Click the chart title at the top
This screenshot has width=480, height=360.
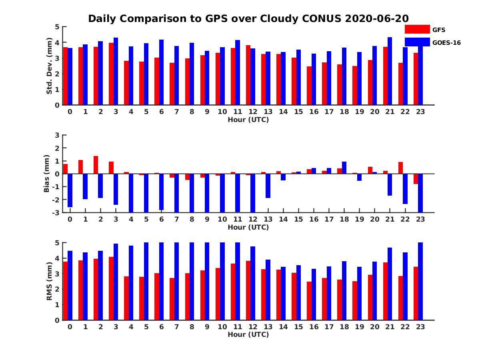[248, 19]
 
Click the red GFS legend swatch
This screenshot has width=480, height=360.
[417, 29]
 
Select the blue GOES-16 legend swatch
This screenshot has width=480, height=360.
[417, 42]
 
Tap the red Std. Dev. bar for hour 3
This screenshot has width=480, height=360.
[111, 74]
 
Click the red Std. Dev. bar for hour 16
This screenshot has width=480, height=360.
[309, 86]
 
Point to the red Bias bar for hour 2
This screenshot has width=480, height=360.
[96, 165]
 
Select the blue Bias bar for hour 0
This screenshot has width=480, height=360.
[70, 190]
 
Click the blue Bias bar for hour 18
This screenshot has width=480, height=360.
[344, 168]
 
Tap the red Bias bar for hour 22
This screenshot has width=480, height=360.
[400, 168]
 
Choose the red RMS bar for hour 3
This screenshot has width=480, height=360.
[111, 288]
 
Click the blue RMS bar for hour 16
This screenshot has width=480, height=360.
[314, 294]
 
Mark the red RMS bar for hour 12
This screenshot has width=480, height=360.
[248, 290]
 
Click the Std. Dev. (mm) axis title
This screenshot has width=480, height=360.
[49, 66]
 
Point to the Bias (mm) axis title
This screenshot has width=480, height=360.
[47, 174]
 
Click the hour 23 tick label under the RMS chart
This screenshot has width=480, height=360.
[420, 327]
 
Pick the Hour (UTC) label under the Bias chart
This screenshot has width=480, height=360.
[248, 227]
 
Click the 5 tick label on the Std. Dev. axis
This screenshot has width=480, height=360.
[58, 27]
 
